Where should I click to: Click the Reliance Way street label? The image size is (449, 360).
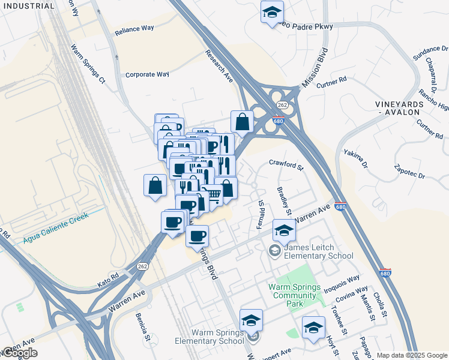pos(134,29)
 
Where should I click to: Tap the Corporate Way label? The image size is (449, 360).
pos(147,75)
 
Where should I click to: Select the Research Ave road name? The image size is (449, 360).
pos(220,67)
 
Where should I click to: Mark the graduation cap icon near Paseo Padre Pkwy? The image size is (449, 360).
pos(272,12)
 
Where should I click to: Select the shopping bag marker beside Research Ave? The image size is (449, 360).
pos(241,121)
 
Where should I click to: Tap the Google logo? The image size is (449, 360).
pos(20,353)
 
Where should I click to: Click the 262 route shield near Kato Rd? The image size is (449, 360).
pos(142,266)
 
